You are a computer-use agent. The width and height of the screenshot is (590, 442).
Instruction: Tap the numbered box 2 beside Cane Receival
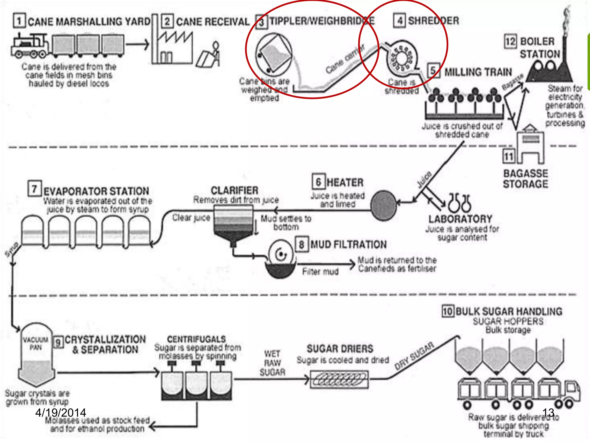coord(167,22)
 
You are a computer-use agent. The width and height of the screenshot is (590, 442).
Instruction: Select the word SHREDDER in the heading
coord(433,21)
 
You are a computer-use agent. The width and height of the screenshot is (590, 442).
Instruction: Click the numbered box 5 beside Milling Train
coord(433,71)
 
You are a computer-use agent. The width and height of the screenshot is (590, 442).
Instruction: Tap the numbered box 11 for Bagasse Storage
coord(509,156)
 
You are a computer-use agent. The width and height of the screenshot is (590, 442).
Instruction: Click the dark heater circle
coord(383,205)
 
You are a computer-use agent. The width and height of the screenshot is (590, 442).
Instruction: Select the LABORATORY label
coord(460,219)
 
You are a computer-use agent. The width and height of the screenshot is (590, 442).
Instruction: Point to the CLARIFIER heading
coord(235,190)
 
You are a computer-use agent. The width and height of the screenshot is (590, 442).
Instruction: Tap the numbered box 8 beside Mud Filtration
coord(301,245)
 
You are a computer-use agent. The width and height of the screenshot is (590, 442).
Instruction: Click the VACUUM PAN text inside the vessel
coord(36,344)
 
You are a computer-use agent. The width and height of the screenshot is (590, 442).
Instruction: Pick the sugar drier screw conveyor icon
coord(339,380)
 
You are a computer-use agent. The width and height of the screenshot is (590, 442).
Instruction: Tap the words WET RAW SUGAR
coord(272,363)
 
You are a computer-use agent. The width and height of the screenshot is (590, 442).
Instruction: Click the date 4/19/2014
coord(60,413)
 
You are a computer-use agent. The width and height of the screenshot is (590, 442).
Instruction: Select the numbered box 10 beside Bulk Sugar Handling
coord(448,311)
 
